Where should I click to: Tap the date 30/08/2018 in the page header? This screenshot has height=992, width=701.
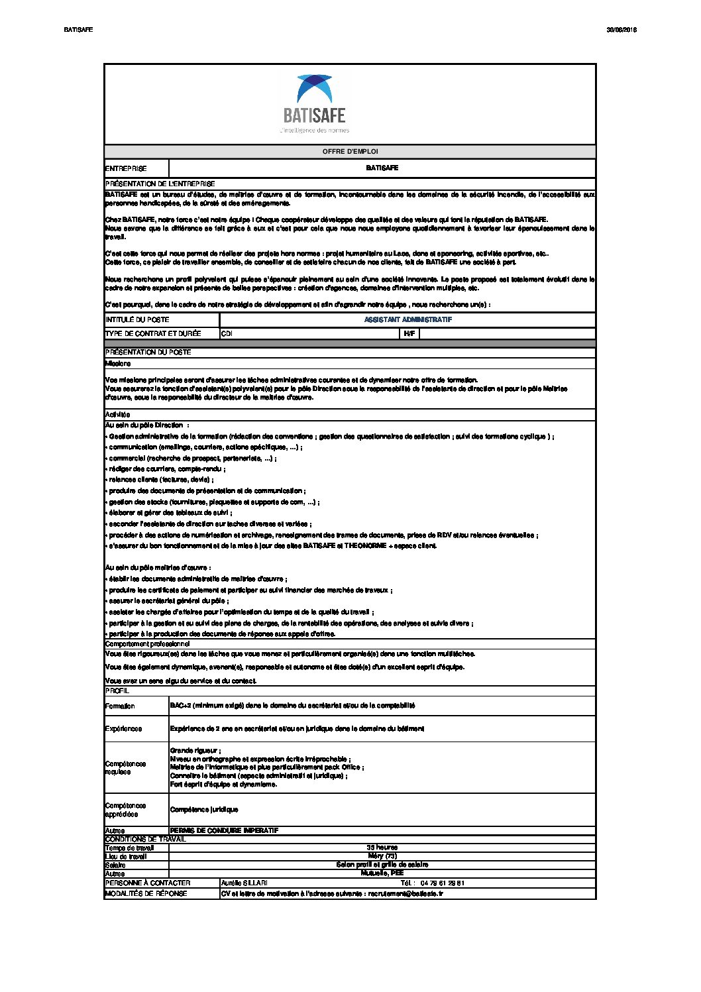coord(621,30)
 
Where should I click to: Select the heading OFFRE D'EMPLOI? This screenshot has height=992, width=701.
coord(350,152)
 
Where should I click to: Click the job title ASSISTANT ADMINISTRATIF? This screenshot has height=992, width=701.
coord(407,319)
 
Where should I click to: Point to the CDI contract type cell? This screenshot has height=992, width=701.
coord(227,333)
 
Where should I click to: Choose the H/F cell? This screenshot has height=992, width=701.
coord(409,333)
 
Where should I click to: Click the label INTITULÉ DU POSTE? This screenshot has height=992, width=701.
coord(137,319)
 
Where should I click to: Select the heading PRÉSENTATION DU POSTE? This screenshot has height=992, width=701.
coord(148,352)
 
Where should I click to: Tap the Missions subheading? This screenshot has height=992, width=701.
coord(118,363)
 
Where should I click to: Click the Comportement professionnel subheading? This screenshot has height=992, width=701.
coord(147,643)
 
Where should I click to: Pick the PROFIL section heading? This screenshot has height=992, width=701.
coord(117,690)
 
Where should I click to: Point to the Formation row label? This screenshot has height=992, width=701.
coord(120,706)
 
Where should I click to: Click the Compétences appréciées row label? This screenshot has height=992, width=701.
coord(126,809)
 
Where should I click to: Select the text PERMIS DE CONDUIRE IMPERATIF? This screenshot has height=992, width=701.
coord(224,830)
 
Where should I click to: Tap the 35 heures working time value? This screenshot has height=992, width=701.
coord(382,848)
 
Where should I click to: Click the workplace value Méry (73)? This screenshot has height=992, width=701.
coord(382,856)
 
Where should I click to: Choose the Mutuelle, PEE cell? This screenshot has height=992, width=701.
coord(382,873)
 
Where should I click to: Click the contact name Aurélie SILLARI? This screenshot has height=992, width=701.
coord(244,883)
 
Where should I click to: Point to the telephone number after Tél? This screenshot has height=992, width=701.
coord(442,883)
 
